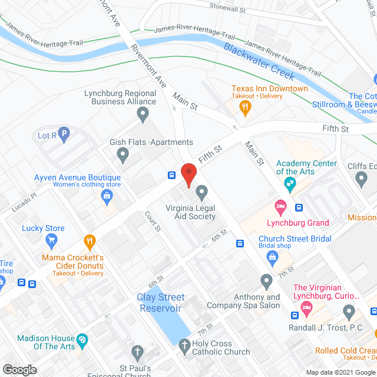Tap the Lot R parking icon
(64, 134)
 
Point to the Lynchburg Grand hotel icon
(280, 207)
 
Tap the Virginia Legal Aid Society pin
(202, 191)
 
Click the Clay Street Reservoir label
(161, 303)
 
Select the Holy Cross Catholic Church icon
(184, 344)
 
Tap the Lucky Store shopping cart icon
(51, 240)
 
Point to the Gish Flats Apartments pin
(123, 156)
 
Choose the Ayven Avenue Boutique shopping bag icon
(107, 195)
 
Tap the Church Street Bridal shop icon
(272, 256)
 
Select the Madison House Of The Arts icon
(82, 339)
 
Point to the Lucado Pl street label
(25, 204)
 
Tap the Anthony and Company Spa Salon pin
(266, 280)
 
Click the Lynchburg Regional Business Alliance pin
(142, 115)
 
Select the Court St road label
(153, 222)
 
